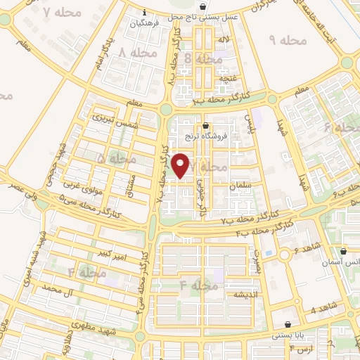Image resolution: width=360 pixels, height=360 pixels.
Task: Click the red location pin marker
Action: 181,165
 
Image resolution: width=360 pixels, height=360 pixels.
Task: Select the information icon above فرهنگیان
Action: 144,12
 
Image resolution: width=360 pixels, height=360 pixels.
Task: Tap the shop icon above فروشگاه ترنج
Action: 205,126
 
